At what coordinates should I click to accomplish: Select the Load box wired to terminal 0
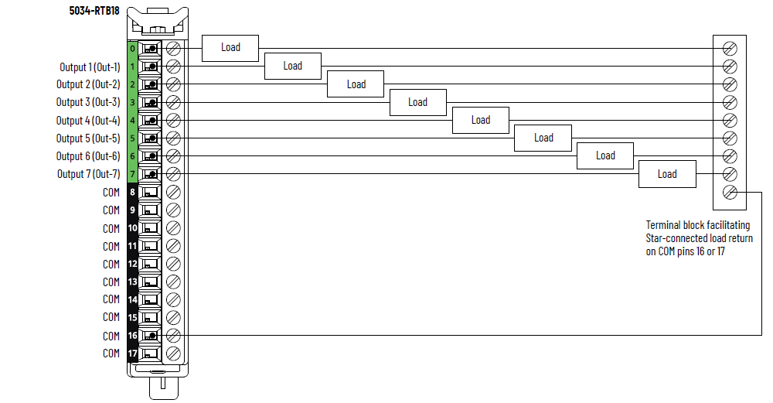[230, 47]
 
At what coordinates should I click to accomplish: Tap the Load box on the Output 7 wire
[667, 174]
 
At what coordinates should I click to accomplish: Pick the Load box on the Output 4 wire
[481, 120]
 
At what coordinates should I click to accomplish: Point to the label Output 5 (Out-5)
[88, 138]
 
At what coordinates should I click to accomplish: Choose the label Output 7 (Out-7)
[88, 174]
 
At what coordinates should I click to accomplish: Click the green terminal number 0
[133, 49]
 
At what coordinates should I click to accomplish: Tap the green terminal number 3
[133, 102]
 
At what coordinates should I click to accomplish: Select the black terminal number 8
[133, 192]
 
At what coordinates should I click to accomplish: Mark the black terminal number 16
[133, 336]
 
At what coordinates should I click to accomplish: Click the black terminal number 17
[133, 353]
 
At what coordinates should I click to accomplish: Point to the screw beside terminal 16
[173, 336]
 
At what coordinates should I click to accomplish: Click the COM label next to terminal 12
[111, 264]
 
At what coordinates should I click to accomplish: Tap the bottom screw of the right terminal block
[729, 192]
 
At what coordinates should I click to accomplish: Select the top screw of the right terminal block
[729, 49]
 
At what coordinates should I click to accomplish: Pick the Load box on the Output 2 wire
[356, 84]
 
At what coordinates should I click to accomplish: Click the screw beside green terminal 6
[173, 156]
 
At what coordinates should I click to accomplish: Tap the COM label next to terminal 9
[111, 210]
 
